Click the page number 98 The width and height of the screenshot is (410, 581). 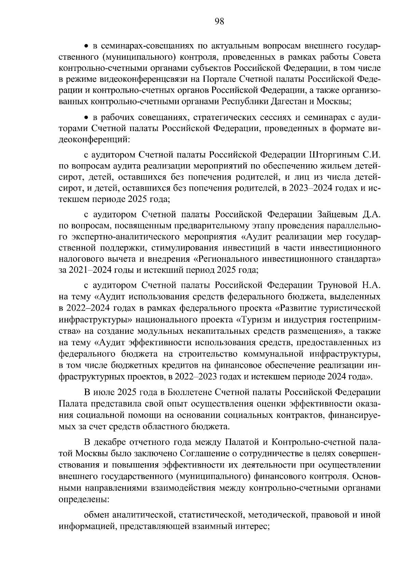pos(219,22)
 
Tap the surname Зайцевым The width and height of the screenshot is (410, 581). pos(336,215)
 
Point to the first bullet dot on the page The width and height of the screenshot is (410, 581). pos(87,46)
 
